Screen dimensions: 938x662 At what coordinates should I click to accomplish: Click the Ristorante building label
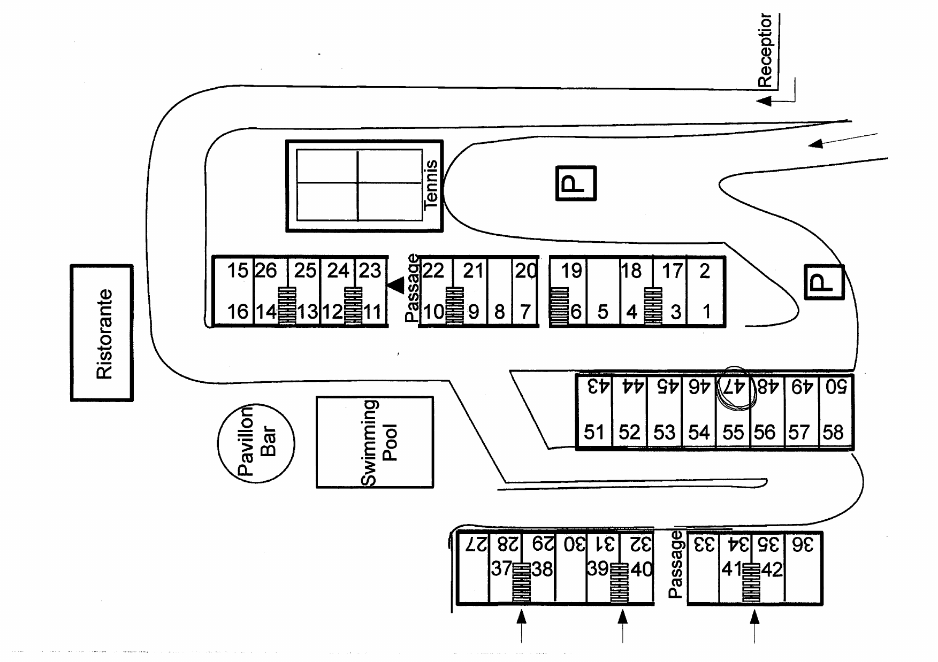click(x=104, y=334)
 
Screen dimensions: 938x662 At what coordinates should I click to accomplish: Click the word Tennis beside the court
click(x=431, y=183)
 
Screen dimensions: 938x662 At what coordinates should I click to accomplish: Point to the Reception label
click(x=765, y=50)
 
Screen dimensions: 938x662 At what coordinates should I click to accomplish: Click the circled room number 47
click(x=733, y=386)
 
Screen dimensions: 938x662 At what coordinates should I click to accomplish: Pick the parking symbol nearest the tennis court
click(x=576, y=183)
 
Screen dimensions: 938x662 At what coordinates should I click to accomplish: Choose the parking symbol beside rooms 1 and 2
click(x=824, y=282)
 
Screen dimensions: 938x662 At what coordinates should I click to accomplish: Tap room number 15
click(x=238, y=271)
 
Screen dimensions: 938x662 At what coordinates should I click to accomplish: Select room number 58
click(x=833, y=432)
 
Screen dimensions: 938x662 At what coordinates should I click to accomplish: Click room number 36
click(x=803, y=545)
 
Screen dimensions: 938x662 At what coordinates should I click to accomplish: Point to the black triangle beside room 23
click(x=396, y=286)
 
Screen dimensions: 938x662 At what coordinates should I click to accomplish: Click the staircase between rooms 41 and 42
click(x=751, y=583)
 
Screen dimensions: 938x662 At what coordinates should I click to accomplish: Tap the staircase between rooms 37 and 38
click(x=522, y=583)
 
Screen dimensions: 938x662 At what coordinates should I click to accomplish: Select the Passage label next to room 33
click(x=676, y=565)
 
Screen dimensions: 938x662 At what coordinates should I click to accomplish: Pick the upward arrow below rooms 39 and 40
click(x=622, y=626)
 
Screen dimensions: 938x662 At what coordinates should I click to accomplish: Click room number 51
click(x=594, y=432)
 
